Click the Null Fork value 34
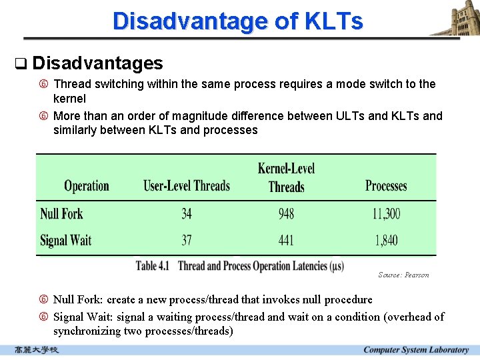click(187, 214)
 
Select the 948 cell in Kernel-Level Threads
click(286, 214)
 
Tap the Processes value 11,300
click(386, 214)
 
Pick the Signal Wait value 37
click(187, 240)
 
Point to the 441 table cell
click(286, 240)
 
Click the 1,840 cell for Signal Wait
click(386, 240)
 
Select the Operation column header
click(86, 186)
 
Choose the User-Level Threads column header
click(187, 186)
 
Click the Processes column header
click(386, 186)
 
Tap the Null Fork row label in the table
click(61, 214)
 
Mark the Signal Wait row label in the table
click(65, 240)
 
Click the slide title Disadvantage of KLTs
click(238, 21)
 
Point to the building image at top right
click(455, 18)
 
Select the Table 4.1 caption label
click(153, 266)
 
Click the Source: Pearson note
click(403, 275)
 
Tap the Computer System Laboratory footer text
click(416, 350)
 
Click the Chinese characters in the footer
click(37, 350)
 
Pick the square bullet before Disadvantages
click(20, 64)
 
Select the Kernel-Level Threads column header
click(286, 177)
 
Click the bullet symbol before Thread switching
click(43, 84)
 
